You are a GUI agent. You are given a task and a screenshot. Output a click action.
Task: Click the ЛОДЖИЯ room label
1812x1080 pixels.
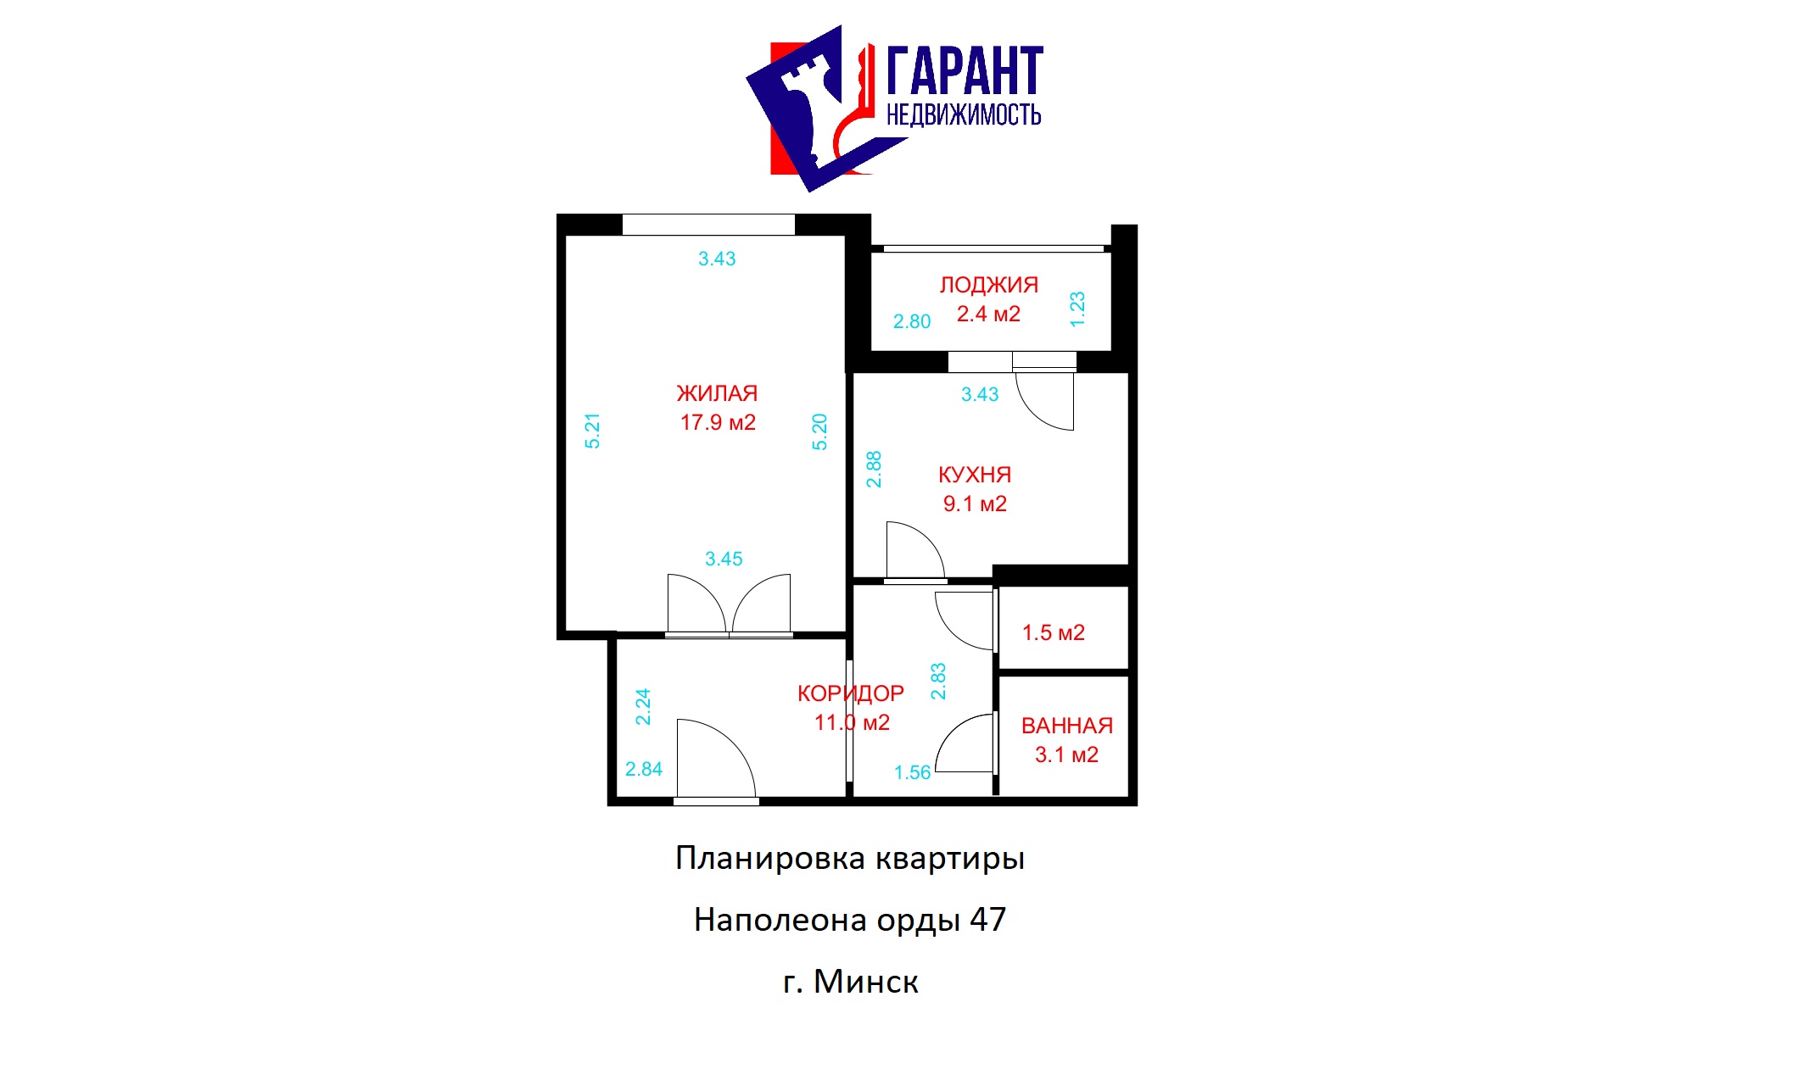(988, 285)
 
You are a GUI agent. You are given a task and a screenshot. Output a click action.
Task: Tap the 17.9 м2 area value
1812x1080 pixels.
(718, 422)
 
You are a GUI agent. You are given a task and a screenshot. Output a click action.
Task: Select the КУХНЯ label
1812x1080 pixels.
(975, 475)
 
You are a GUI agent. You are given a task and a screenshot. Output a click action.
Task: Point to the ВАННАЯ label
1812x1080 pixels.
(1066, 726)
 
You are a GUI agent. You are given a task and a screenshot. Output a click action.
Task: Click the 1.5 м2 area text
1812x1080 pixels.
(1053, 632)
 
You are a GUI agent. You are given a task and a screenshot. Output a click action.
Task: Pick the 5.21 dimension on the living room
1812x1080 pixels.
(592, 431)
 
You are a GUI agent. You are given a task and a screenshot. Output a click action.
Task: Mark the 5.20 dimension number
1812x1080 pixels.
(819, 431)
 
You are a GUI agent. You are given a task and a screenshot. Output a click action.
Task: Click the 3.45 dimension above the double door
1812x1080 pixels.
(724, 559)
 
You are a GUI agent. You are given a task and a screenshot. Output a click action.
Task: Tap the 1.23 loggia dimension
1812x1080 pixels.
(1077, 309)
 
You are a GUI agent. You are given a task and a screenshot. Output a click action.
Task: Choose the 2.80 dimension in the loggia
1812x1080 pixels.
(912, 321)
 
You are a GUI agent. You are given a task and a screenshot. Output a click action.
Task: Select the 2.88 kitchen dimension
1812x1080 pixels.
(874, 469)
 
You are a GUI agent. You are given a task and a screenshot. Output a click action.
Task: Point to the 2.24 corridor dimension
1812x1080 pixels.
(643, 706)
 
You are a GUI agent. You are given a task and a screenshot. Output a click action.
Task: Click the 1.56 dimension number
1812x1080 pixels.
(912, 772)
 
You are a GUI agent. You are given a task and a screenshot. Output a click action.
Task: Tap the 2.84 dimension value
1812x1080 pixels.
(644, 769)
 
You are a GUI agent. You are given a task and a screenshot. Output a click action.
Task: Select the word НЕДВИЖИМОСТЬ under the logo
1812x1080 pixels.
(964, 114)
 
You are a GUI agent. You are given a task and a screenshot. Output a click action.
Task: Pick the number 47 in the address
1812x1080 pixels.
(987, 920)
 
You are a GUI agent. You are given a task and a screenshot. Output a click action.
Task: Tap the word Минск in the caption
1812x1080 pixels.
(865, 982)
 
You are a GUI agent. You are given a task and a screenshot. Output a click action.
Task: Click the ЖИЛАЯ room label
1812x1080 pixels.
(717, 393)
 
